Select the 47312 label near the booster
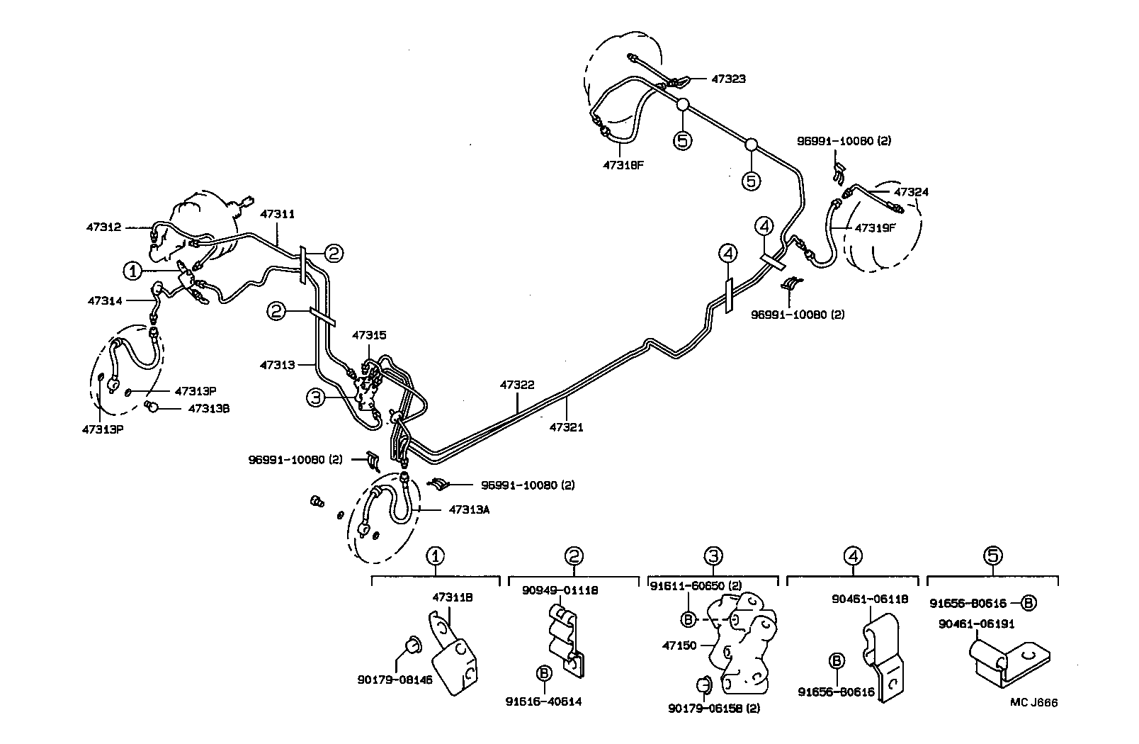(x=103, y=227)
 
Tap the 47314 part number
(x=105, y=300)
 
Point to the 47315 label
(x=369, y=334)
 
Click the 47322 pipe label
(x=517, y=385)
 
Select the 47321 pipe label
(x=567, y=427)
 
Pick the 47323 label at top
(x=728, y=79)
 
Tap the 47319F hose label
(x=875, y=228)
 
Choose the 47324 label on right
(x=911, y=192)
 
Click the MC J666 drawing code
(x=1033, y=703)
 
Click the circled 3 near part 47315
(x=314, y=398)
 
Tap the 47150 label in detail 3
(x=679, y=646)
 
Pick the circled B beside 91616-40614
(x=544, y=672)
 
